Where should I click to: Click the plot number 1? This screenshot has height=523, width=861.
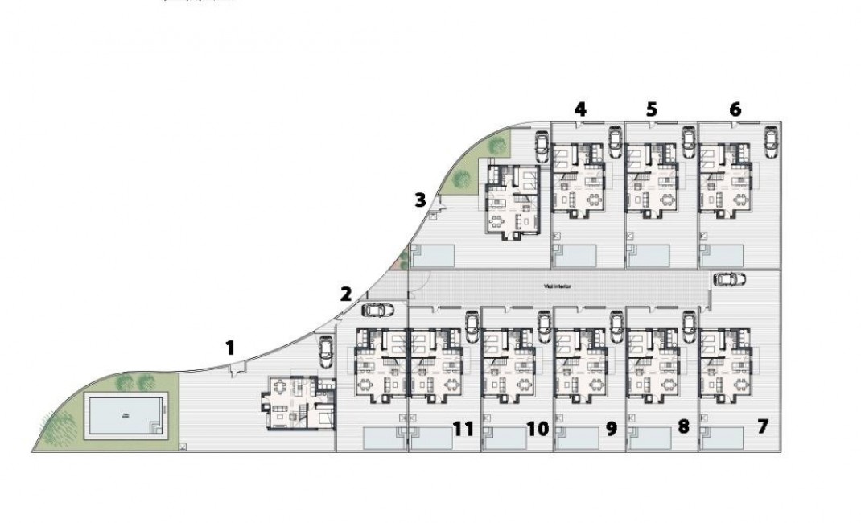[x=230, y=348]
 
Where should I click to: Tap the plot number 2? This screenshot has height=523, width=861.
[x=346, y=294]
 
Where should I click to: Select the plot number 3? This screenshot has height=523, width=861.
[x=420, y=200]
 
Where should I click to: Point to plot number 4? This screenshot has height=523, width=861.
[x=581, y=109]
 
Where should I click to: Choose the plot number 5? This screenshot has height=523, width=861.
[x=652, y=109]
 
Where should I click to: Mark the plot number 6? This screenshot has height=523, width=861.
[x=735, y=109]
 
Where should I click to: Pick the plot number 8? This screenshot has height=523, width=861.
[x=683, y=426]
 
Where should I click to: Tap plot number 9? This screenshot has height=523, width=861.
[x=611, y=429]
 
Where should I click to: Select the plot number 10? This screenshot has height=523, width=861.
[x=538, y=429]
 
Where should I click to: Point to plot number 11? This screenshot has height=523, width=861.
[x=463, y=429]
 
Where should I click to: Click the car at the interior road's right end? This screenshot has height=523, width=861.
[x=729, y=279]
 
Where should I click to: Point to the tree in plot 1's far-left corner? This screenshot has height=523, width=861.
[x=55, y=428]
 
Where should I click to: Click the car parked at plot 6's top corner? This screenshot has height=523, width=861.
[x=771, y=142]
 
